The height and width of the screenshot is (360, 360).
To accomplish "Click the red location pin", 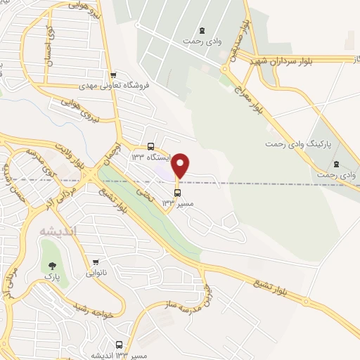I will (x=181, y=165).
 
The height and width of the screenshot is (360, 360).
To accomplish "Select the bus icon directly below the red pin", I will (x=176, y=193).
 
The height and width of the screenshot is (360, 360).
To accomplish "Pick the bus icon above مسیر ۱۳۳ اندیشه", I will (x=119, y=345).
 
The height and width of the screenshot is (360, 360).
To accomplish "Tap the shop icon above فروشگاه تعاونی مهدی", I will (x=113, y=75).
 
